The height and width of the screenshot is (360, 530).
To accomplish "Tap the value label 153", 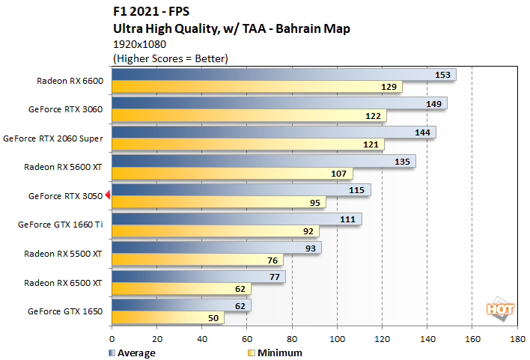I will click(443, 75).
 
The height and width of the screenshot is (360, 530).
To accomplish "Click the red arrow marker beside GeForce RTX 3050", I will click(108, 195).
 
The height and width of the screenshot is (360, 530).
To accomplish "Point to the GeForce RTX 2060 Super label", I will click(54, 138).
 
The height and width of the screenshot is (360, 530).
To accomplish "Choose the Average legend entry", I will click(132, 353).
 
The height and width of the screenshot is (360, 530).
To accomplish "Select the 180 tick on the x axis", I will click(517, 339).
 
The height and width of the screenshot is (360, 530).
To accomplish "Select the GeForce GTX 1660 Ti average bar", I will click(236, 219).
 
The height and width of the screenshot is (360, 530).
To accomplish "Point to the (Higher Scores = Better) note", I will click(170, 58).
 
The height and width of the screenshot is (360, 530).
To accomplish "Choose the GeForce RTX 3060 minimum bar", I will click(249, 116).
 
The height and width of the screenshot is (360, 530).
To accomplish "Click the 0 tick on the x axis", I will click(112, 339).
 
